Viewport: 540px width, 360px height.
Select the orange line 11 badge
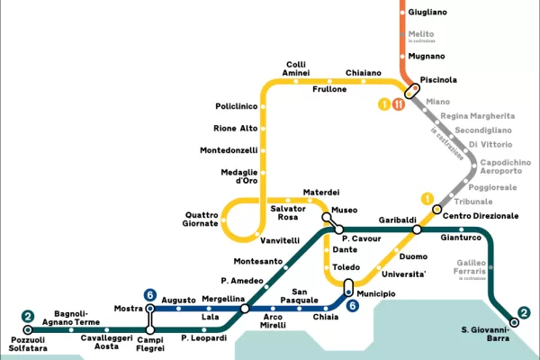(x=398, y=104)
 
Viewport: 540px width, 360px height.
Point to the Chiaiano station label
(x=364, y=73)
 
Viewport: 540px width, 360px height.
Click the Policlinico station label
(x=237, y=106)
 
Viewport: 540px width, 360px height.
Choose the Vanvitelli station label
(x=279, y=241)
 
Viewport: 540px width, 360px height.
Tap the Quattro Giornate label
(x=202, y=219)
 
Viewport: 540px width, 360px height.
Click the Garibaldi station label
(x=397, y=220)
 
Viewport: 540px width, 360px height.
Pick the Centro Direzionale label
(x=481, y=216)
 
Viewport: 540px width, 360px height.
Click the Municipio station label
(x=376, y=293)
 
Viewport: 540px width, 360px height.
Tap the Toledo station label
(x=346, y=267)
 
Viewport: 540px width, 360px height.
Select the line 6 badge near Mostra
(x=150, y=294)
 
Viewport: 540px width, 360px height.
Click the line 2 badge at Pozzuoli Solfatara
(x=28, y=317)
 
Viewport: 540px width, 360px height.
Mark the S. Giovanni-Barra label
(x=486, y=334)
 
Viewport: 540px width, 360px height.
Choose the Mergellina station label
(x=223, y=298)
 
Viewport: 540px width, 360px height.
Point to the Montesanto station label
(x=258, y=262)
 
